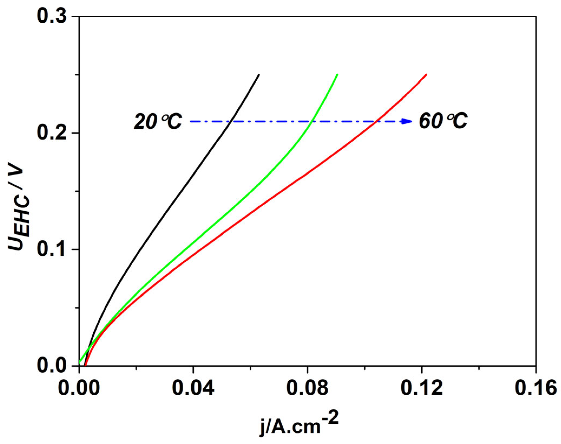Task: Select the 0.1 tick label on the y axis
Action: click(52, 249)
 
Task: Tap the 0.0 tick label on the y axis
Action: click(52, 366)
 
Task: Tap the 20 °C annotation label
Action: click(158, 121)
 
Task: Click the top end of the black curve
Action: click(259, 74)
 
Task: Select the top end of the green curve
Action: click(337, 74)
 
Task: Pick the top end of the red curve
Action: click(427, 74)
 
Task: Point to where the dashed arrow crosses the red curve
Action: click(376, 121)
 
